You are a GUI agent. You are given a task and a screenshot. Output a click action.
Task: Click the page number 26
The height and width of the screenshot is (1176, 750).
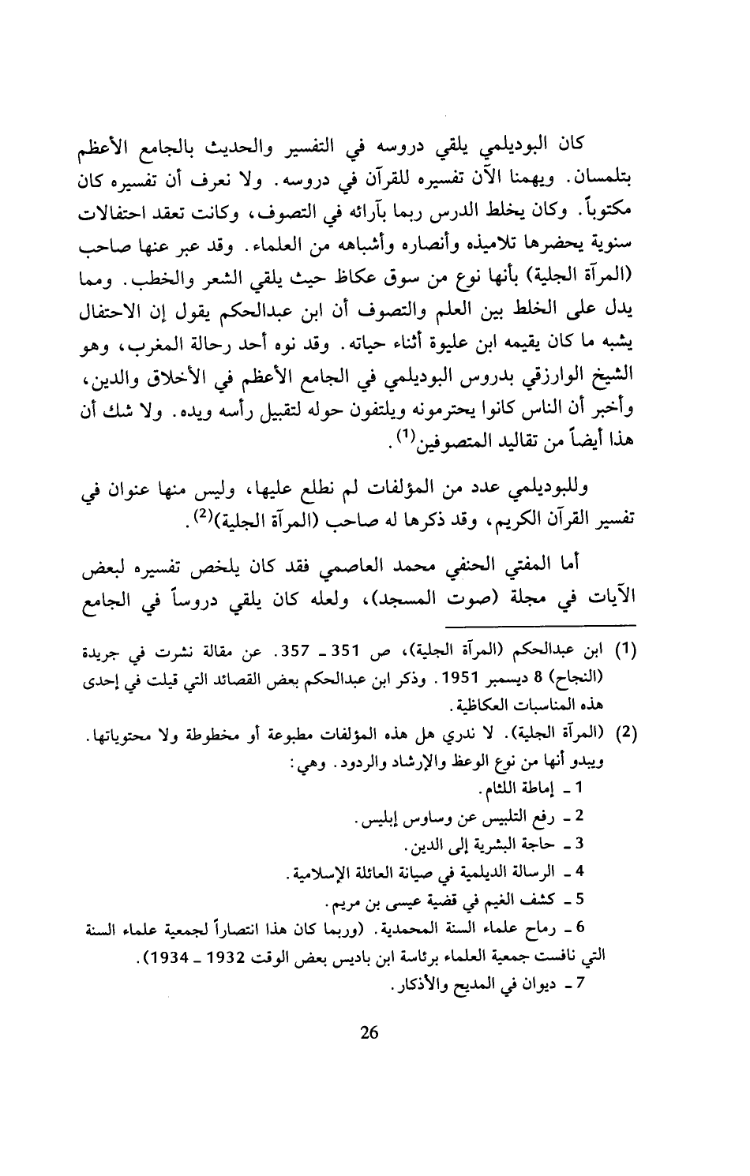[370, 1032]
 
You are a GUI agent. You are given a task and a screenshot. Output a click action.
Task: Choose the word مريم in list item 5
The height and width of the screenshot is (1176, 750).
[343, 899]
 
